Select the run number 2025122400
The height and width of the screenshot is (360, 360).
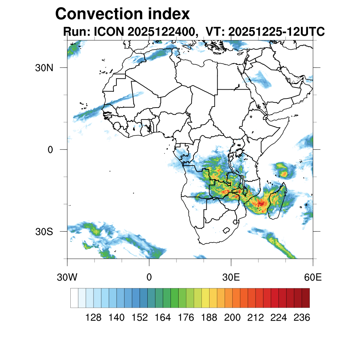tap(162, 32)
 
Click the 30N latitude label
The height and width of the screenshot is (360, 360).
tap(44, 67)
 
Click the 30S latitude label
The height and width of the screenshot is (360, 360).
tap(44, 232)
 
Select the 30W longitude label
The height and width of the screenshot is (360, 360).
tap(67, 277)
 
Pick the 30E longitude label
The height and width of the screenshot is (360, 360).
tap(231, 277)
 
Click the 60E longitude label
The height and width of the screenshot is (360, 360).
tap(313, 277)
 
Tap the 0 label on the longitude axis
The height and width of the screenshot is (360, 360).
tap(149, 277)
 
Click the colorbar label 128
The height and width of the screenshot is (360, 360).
tap(93, 318)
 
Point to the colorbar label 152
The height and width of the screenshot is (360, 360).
tap(140, 318)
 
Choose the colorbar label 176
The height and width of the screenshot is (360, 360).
tap(186, 318)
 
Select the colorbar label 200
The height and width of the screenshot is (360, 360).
tap(232, 318)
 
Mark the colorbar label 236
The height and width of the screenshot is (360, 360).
tap(302, 318)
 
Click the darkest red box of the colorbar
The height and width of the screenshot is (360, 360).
tap(306, 298)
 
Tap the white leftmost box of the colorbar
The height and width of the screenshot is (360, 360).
tap(74, 298)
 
